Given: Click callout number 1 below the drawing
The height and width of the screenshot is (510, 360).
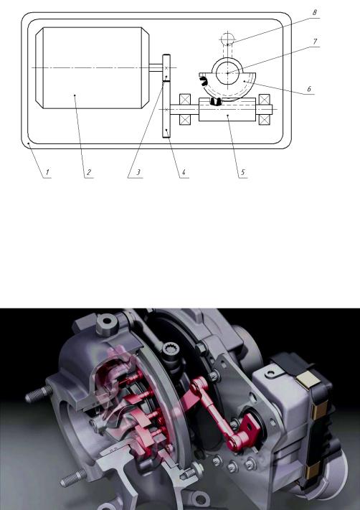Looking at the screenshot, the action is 47,172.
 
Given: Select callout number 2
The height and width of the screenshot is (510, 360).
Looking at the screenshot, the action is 89,172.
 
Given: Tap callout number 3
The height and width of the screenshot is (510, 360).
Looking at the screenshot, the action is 138,172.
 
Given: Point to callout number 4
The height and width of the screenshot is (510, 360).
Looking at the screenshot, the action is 184,172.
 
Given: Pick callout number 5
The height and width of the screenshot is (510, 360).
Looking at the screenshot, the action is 242,172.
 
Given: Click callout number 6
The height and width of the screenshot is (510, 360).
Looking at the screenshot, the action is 309,89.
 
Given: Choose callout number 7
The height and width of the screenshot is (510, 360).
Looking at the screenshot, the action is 315,42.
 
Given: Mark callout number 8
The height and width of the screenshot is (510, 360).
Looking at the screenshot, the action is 315,13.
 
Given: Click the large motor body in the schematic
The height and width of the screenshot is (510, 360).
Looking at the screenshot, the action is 93,67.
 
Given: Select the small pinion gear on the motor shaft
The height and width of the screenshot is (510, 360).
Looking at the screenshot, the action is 166,67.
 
